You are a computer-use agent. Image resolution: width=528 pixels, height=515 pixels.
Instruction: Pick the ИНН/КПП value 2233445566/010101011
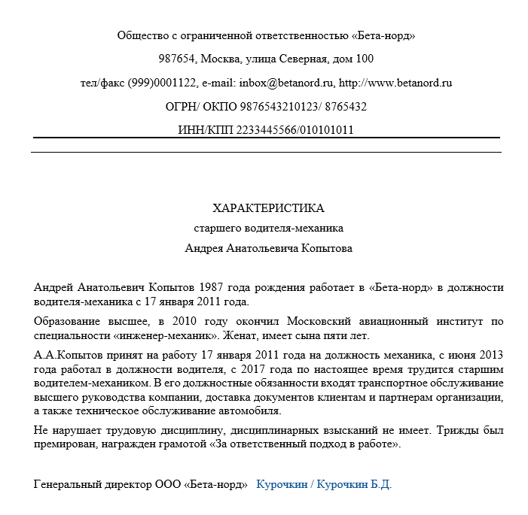[x=295, y=130]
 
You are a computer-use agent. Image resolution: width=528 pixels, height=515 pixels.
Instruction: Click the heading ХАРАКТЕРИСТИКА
[x=268, y=208]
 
